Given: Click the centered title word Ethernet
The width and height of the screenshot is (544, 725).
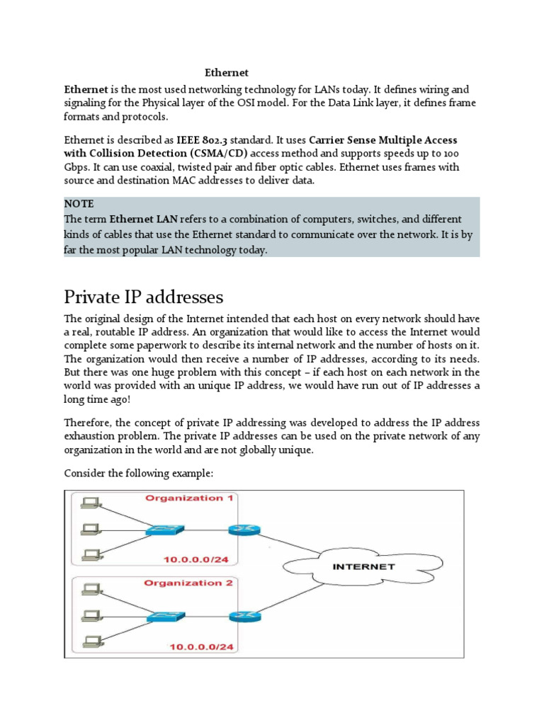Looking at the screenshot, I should (x=227, y=72).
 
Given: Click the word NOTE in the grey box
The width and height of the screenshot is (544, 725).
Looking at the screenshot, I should (x=79, y=204).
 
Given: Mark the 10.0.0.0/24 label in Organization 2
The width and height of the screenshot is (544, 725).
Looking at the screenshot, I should (x=200, y=646).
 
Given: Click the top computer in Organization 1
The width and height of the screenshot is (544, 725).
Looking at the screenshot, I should (x=90, y=503).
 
